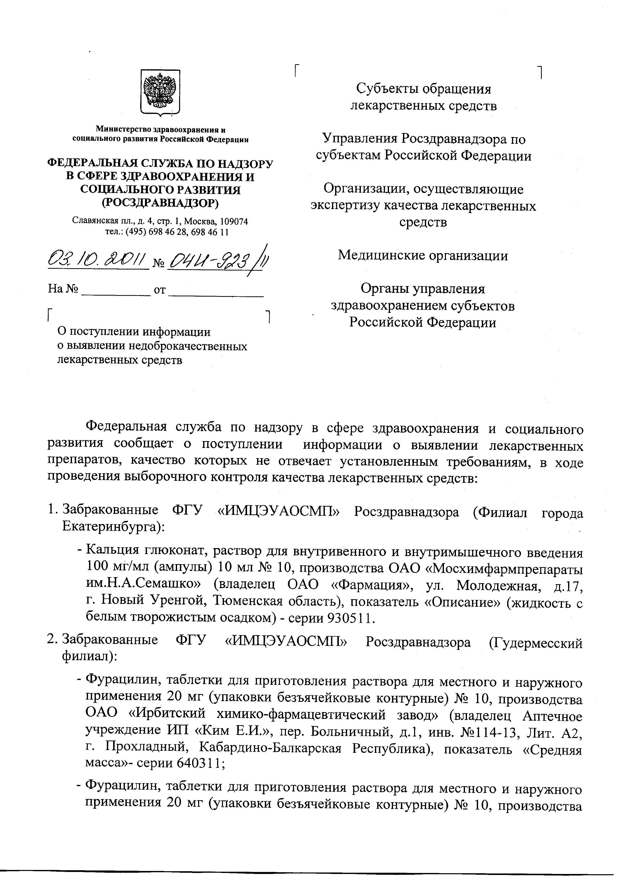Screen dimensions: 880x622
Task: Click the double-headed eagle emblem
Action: [160, 92]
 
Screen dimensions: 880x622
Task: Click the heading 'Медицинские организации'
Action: [422, 255]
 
